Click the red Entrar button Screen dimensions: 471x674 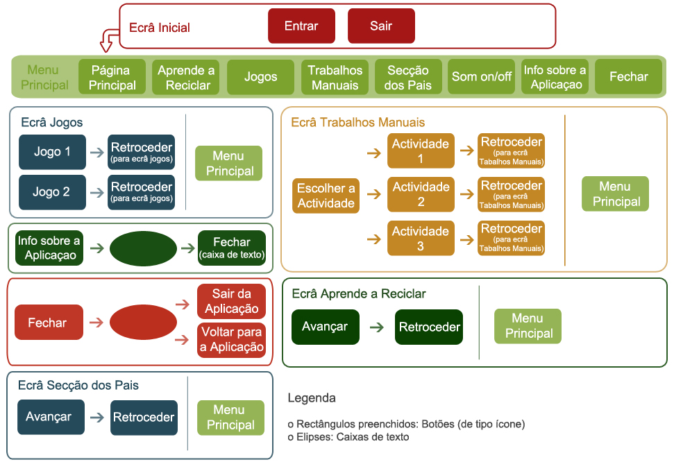pos(301,26)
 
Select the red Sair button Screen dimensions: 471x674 pos(381,26)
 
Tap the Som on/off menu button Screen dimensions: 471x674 pos(482,77)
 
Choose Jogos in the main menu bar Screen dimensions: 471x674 pos(261,77)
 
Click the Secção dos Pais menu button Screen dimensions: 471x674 pos(408,77)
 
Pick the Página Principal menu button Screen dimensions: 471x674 pos(112,77)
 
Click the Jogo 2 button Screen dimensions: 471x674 pos(52,192)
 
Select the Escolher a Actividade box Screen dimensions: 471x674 pos(326,196)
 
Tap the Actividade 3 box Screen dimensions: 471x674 pos(421,238)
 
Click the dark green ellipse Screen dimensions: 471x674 pos(144,248)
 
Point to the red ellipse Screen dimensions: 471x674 pos(144,323)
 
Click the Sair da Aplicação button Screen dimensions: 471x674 pos(232,301)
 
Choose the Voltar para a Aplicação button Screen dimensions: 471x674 pos(232,340)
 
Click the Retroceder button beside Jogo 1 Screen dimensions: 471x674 pos(142,153)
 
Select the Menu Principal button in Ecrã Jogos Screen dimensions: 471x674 pos(229,164)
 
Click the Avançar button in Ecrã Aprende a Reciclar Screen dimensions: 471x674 pos(325,327)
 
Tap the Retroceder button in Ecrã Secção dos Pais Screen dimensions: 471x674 pos(144,418)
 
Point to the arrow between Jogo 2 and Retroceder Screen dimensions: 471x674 pos(97,193)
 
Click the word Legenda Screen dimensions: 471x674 pos(312,398)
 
